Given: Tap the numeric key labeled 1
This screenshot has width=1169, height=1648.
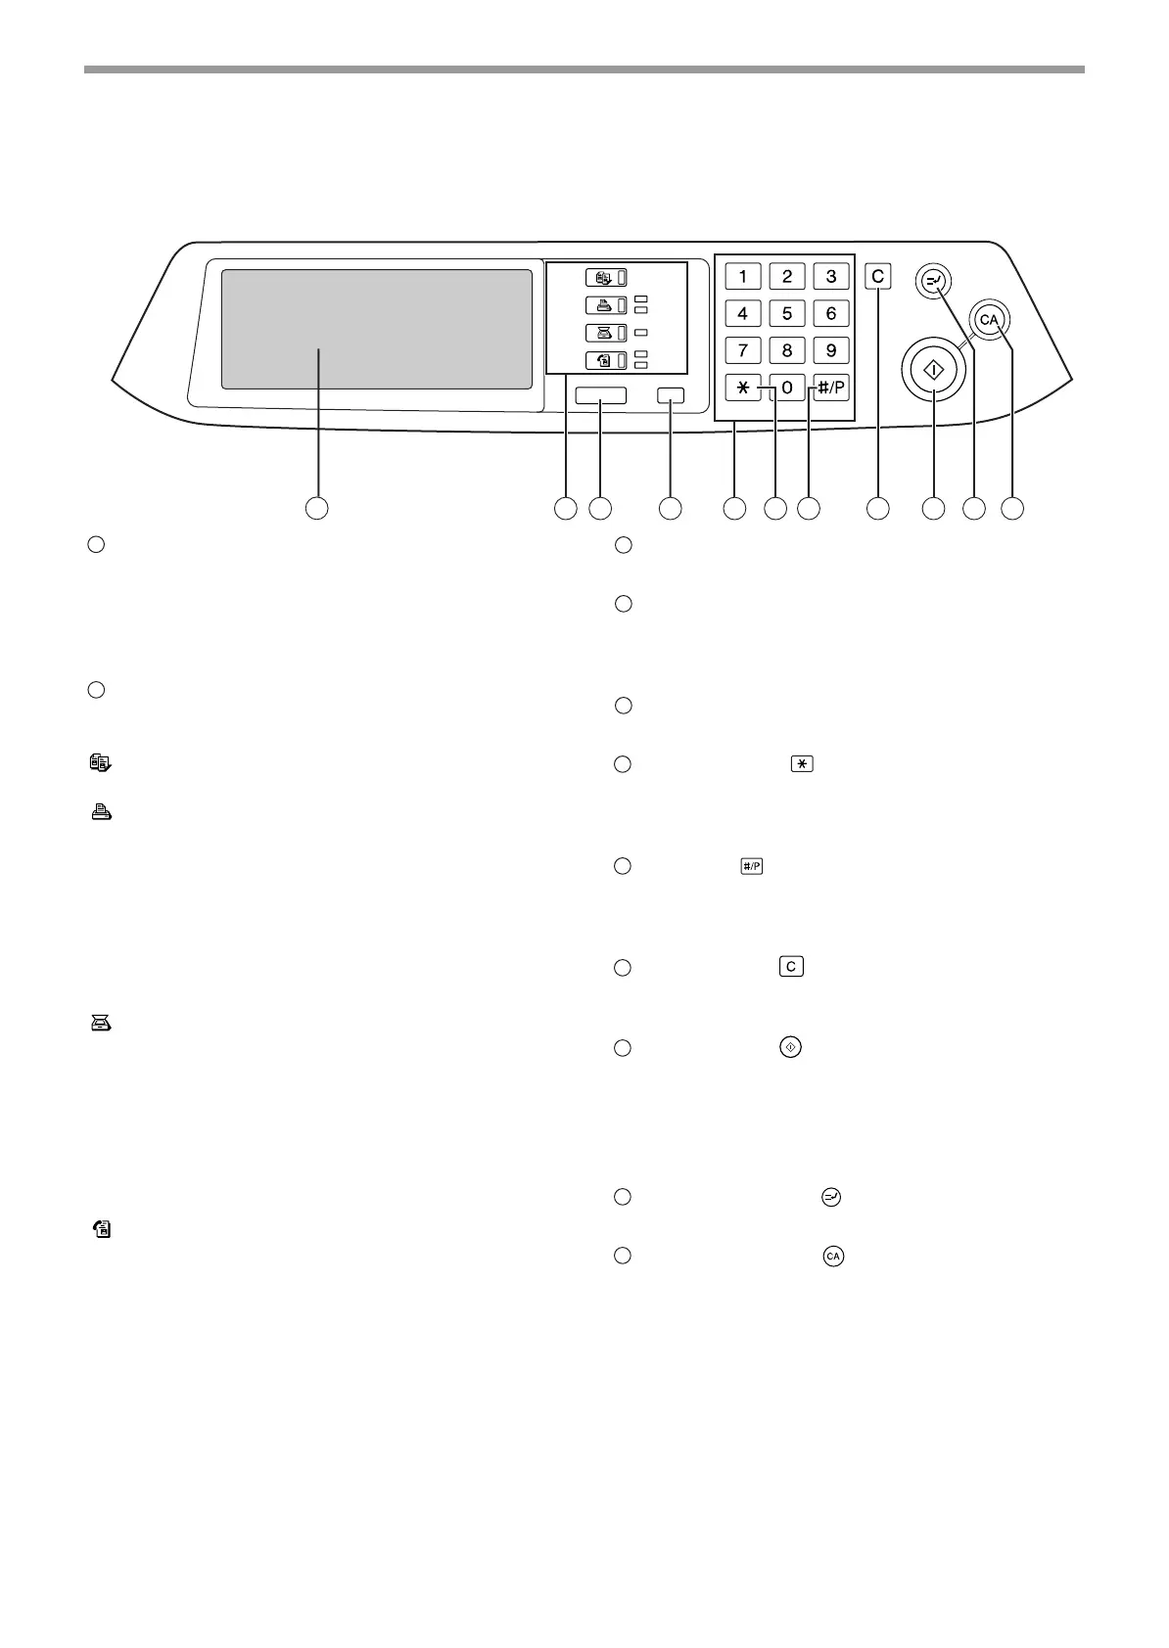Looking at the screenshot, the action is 743,276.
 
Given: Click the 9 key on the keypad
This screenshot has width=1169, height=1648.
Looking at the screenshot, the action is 831,350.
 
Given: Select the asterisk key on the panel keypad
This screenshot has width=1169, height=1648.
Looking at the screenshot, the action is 743,389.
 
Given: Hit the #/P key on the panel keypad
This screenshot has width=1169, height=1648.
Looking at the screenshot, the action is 831,389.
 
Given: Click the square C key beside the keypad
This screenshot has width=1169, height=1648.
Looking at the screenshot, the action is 878,277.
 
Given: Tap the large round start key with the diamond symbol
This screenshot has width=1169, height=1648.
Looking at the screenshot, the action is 934,371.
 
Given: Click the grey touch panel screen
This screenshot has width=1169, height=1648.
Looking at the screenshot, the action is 376,329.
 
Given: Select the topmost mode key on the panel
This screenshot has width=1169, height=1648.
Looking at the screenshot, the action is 606,277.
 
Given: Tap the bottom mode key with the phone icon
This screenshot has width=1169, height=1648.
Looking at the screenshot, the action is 606,361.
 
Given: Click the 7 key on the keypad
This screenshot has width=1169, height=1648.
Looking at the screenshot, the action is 743,350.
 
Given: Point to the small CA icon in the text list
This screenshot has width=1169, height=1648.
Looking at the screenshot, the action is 833,1256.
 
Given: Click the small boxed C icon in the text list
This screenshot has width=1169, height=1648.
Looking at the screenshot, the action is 791,967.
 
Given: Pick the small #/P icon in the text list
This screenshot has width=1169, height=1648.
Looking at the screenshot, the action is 751,866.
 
